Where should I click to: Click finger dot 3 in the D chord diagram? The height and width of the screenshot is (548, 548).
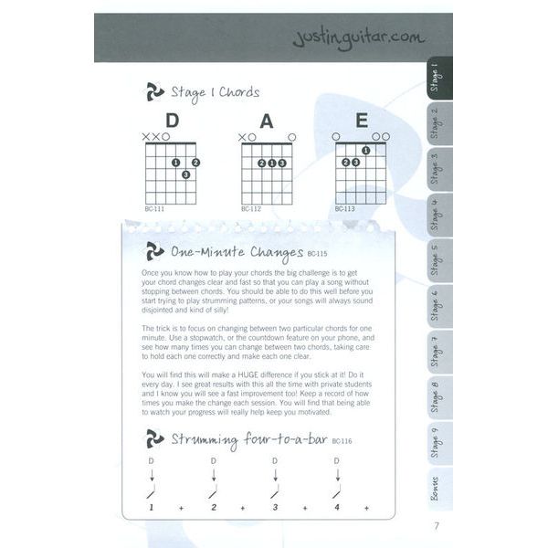[185, 174]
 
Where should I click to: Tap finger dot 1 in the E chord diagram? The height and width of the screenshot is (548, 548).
[365, 151]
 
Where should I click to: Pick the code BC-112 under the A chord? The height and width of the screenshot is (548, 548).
[251, 209]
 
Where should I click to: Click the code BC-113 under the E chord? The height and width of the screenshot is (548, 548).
[345, 209]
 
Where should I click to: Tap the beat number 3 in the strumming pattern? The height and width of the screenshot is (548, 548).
[275, 507]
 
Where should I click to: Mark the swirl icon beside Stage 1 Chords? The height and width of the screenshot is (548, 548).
[155, 91]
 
